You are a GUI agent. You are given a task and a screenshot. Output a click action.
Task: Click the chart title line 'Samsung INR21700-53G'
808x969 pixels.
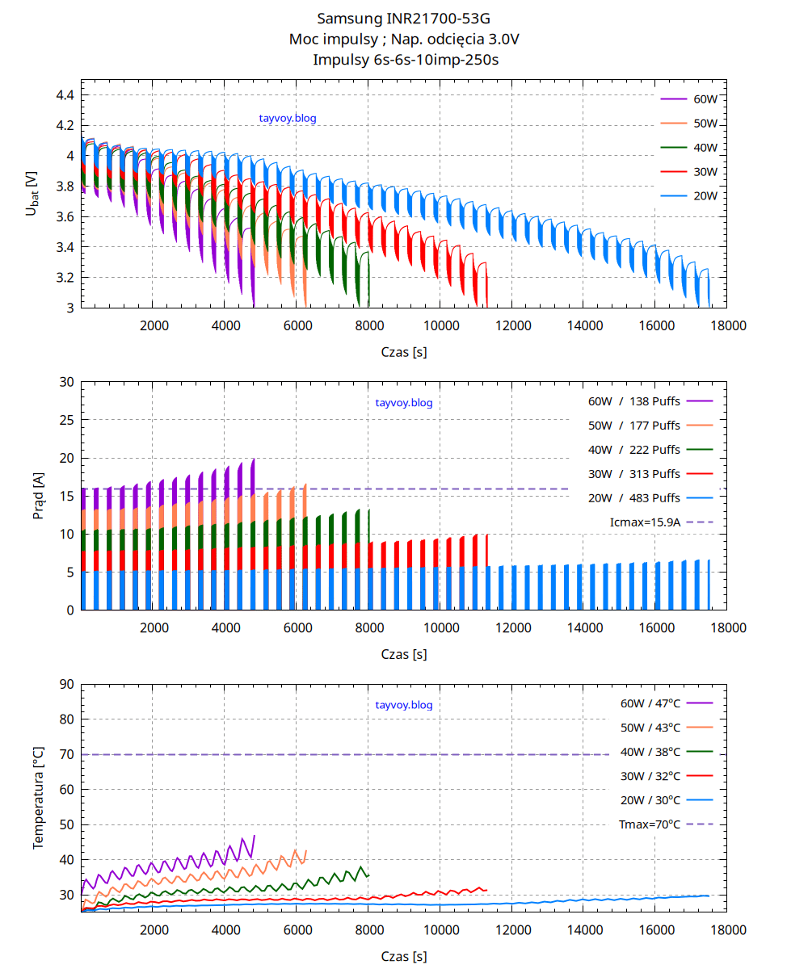point(403,18)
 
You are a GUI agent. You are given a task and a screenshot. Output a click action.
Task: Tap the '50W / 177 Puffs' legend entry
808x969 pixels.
point(634,426)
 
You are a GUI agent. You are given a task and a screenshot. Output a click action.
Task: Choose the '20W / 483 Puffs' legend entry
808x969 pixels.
point(634,498)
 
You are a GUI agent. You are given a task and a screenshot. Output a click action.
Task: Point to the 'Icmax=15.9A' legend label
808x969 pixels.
point(646,522)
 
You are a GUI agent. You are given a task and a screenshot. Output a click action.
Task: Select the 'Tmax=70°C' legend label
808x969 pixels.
point(650,824)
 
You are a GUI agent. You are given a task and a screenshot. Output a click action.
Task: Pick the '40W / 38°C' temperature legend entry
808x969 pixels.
point(650,752)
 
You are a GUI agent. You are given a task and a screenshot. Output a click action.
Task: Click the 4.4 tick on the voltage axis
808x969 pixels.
point(65,95)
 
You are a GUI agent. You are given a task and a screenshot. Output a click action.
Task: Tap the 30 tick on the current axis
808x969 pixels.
point(66,382)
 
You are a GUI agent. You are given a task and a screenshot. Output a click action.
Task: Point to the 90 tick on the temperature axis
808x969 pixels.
point(66,685)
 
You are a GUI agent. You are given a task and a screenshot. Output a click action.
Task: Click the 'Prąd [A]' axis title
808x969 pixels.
point(40,496)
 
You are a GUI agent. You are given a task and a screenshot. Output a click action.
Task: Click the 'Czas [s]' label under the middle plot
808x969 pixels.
point(404,654)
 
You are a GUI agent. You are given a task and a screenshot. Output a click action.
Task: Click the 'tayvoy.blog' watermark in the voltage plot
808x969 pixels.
point(288,119)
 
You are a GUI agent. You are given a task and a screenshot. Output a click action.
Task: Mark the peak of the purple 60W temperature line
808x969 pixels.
point(255,836)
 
